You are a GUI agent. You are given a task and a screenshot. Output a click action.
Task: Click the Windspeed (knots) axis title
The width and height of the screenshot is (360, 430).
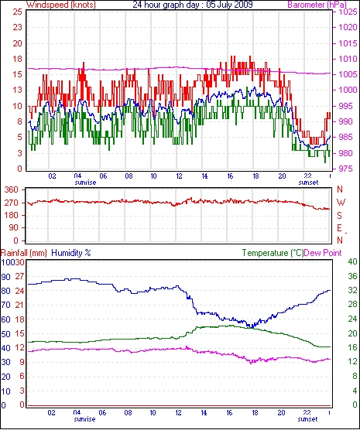pyautogui.click(x=61, y=5)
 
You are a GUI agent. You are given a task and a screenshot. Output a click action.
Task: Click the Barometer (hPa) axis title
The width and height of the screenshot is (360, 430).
pyautogui.click(x=317, y=5)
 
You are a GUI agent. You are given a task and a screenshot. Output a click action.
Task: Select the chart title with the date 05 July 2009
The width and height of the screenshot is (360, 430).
pyautogui.click(x=193, y=5)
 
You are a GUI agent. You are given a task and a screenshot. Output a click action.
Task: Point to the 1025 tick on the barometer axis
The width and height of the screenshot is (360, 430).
pyautogui.click(x=348, y=12)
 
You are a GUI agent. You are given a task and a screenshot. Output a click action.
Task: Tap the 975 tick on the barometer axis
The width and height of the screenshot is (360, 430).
pyautogui.click(x=348, y=169)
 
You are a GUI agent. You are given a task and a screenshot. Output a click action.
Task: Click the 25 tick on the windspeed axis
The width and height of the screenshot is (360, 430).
pyautogui.click(x=17, y=12)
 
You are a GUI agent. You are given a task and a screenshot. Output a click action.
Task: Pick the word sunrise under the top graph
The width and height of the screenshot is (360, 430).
pyautogui.click(x=85, y=183)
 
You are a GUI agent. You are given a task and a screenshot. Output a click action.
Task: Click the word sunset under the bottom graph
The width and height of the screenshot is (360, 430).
pyautogui.click(x=307, y=419)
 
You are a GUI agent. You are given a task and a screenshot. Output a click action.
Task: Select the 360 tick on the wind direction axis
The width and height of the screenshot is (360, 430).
pyautogui.click(x=12, y=189)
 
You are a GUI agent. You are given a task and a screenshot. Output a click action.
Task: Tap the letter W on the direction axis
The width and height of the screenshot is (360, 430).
pyautogui.click(x=341, y=203)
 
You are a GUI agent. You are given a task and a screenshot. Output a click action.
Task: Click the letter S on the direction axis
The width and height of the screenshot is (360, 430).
pyautogui.click(x=339, y=216)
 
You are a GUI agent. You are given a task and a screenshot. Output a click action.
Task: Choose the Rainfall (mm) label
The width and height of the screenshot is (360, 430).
pyautogui.click(x=24, y=253)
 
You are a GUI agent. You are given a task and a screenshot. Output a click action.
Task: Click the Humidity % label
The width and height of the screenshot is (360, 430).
pyautogui.click(x=71, y=253)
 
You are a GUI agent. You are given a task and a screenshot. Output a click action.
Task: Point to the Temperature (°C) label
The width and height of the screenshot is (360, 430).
pyautogui.click(x=273, y=253)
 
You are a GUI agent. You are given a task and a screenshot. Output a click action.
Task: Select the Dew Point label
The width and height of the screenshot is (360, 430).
pyautogui.click(x=323, y=253)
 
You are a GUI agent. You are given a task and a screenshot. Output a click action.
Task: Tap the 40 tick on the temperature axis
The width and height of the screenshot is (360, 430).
pyautogui.click(x=352, y=261)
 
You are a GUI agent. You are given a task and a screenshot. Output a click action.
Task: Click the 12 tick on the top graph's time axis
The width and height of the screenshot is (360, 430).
pyautogui.click(x=179, y=176)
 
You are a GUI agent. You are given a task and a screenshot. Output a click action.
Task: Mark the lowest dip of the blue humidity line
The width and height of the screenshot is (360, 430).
pyautogui.click(x=252, y=326)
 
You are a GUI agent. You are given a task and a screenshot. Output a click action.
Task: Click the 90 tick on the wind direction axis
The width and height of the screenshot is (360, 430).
pyautogui.click(x=14, y=227)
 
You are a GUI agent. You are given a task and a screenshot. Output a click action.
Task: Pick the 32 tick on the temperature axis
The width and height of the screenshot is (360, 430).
pyautogui.click(x=352, y=290)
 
